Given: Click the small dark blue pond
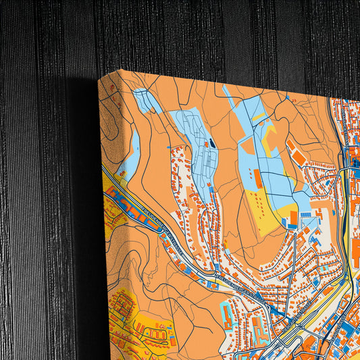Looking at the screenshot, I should point(212,143).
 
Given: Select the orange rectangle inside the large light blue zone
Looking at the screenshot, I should point(258,178).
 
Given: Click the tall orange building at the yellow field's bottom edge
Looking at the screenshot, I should point(293,218).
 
